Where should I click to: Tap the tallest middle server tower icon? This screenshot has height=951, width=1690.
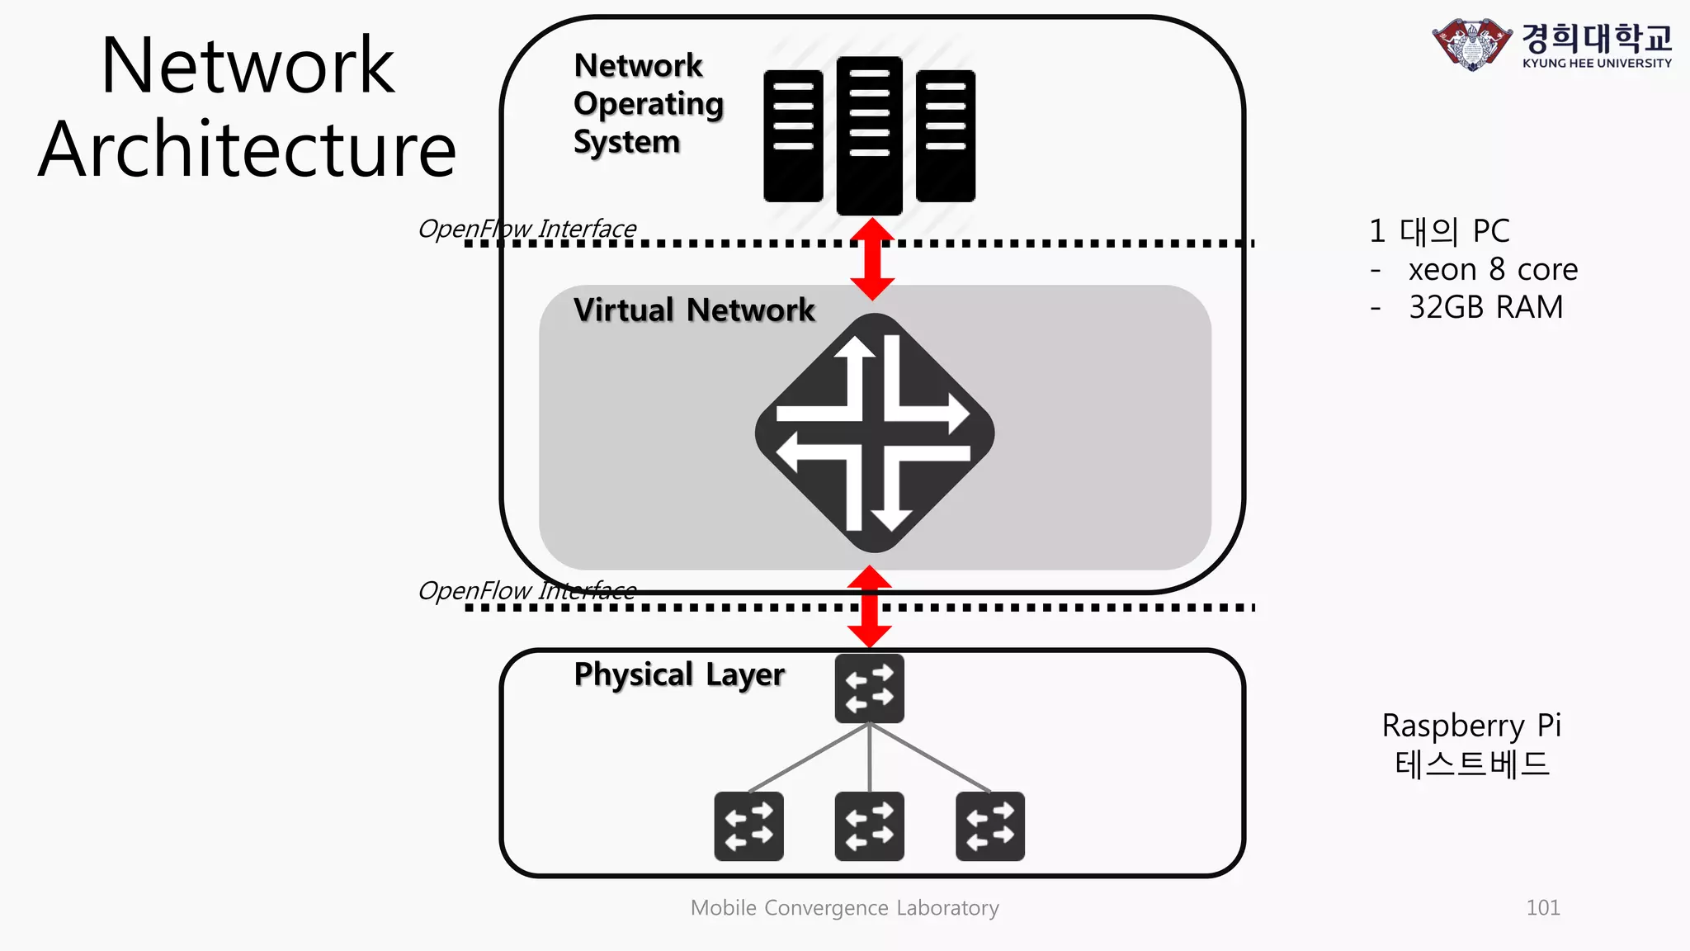pyautogui.click(x=869, y=135)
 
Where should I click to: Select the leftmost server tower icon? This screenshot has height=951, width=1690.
pyautogui.click(x=793, y=135)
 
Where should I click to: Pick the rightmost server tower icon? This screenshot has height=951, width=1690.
pyautogui.click(x=945, y=135)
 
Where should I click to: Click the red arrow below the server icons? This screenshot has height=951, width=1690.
pyautogui.click(x=872, y=259)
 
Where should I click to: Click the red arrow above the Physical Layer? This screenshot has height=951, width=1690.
pyautogui.click(x=870, y=607)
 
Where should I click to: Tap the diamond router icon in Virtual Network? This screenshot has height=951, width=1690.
pyautogui.click(x=875, y=433)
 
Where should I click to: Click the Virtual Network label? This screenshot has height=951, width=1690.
pyautogui.click(x=694, y=310)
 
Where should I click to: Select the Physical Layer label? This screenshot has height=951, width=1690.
pyautogui.click(x=679, y=674)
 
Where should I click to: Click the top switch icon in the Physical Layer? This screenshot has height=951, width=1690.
pyautogui.click(x=869, y=688)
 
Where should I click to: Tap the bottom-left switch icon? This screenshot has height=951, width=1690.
pyautogui.click(x=748, y=826)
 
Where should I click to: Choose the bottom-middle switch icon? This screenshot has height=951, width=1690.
pyautogui.click(x=869, y=826)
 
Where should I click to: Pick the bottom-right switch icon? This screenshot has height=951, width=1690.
pyautogui.click(x=990, y=826)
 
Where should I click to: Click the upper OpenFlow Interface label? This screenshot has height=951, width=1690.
pyautogui.click(x=527, y=228)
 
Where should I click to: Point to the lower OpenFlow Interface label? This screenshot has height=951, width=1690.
pyautogui.click(x=527, y=590)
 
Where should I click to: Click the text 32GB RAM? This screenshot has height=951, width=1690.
pyautogui.click(x=1485, y=307)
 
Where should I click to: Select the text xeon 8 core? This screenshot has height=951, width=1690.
pyautogui.click(x=1493, y=270)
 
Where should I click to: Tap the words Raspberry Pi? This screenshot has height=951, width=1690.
pyautogui.click(x=1471, y=726)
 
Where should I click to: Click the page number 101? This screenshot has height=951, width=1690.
pyautogui.click(x=1542, y=908)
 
